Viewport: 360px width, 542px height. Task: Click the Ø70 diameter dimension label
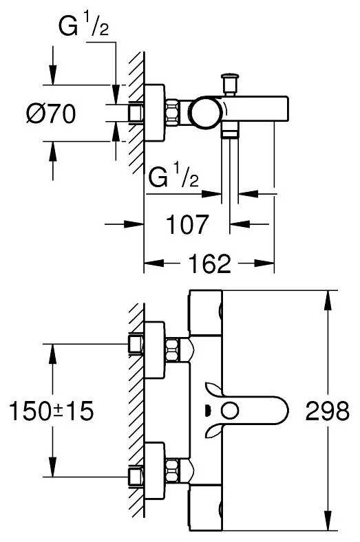51,113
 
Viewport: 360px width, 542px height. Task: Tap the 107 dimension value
188,224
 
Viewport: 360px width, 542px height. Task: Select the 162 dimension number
209,263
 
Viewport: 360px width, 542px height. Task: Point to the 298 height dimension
327,411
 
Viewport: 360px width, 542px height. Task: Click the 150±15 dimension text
51,411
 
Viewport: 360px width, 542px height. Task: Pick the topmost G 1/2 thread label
84,27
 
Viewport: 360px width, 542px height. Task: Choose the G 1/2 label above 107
173,177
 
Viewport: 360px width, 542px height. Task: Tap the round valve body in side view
205,113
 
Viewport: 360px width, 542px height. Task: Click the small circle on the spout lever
230,411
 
